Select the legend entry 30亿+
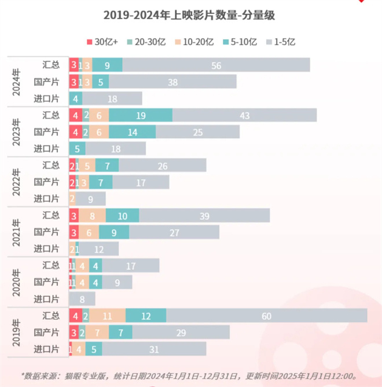105,42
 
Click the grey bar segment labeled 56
216,65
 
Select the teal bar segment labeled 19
140,116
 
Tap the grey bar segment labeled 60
266,316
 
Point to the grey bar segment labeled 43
244,116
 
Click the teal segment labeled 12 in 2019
146,316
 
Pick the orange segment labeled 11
108,316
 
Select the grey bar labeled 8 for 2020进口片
82,299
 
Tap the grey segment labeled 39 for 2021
204,216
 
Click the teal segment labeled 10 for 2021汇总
122,216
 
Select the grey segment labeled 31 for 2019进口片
154,349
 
